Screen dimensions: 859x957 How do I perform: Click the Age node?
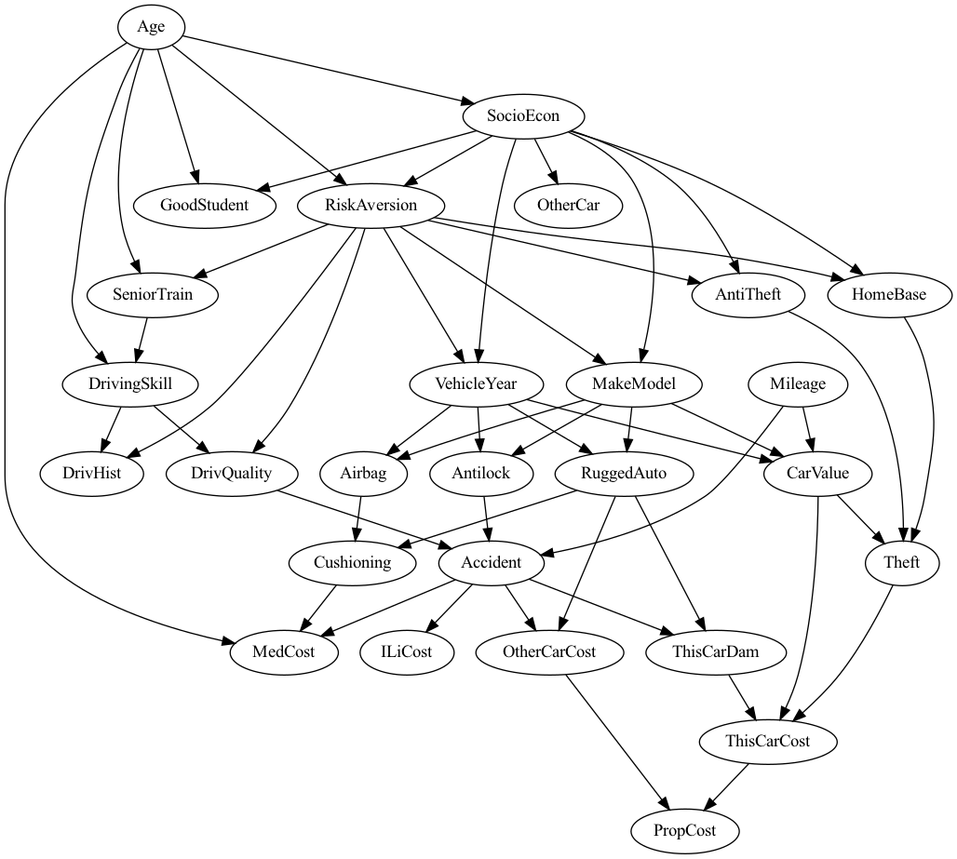151,27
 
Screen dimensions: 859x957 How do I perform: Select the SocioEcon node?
523,116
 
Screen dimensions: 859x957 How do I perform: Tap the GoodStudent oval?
204,205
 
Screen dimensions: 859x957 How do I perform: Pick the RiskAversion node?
371,205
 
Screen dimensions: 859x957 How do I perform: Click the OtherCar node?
568,205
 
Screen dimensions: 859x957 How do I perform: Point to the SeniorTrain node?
152,295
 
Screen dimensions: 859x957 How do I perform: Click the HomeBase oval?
889,295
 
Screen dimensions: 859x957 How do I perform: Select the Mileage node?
798,383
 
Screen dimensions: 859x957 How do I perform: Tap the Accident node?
492,562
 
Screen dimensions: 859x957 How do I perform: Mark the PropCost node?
686,830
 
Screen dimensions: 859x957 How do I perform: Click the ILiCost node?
408,651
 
